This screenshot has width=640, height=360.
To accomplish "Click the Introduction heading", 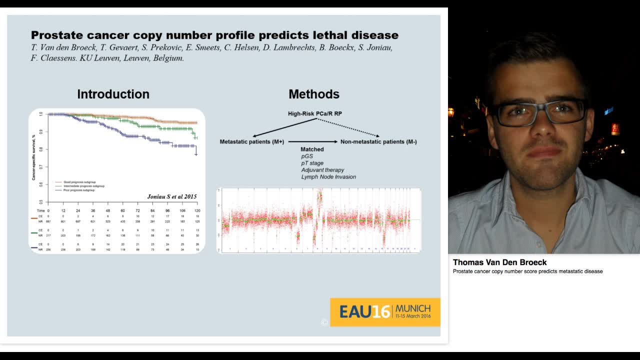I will pyautogui.click(x=113, y=94).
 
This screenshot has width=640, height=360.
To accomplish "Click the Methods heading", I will pyautogui.click(x=314, y=94).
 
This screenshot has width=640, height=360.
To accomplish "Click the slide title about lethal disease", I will pyautogui.click(x=214, y=35).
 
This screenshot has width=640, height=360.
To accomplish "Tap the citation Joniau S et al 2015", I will pyautogui.click(x=171, y=196).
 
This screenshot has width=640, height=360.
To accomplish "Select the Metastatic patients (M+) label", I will pyautogui.click(x=252, y=142).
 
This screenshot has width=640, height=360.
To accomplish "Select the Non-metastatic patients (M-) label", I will pyautogui.click(x=378, y=142).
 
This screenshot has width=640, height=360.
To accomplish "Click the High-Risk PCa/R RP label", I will pyautogui.click(x=315, y=114).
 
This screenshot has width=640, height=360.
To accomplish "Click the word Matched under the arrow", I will pyautogui.click(x=312, y=149).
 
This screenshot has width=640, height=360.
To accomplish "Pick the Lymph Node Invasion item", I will pyautogui.click(x=328, y=177).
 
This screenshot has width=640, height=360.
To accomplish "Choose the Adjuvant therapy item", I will pyautogui.click(x=322, y=170).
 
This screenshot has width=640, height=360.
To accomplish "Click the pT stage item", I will pyautogui.click(x=312, y=163).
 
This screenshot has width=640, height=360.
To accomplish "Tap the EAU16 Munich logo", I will pyautogui.click(x=385, y=312).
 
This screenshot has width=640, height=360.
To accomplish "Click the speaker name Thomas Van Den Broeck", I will pyautogui.click(x=499, y=262).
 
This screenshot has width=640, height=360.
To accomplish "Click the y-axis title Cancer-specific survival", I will pyautogui.click(x=34, y=157).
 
